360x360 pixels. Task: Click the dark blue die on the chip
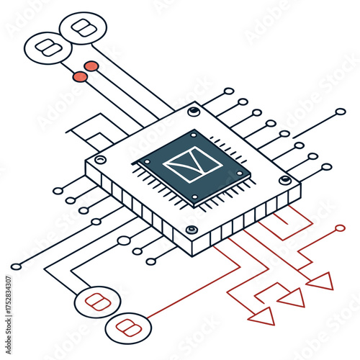pos(192,167)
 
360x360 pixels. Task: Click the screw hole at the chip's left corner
pos(100,159)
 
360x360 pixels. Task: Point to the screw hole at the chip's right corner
pos(286,180)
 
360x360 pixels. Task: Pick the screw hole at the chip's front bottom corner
pos(192,230)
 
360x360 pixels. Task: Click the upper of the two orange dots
pos(91,66)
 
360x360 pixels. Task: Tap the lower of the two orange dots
pos(79,76)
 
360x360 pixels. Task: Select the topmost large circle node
pos(84,30)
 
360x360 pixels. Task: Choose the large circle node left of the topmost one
pos(48,48)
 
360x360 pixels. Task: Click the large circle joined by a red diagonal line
pos(129,328)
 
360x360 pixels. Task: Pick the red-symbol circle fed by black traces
pos(95,302)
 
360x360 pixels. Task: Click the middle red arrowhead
pos(292,297)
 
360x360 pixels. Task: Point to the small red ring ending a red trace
pos(340,228)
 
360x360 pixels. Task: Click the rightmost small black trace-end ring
pos(341,112)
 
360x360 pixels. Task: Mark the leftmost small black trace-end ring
pos(16,266)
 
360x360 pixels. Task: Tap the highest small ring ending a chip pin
pos(229,91)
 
